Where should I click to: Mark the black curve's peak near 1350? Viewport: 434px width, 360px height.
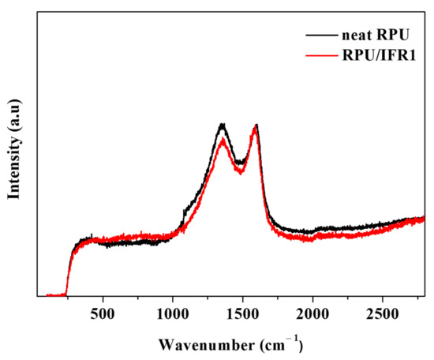[x=223, y=125]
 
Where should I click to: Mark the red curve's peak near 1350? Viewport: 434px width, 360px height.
[x=223, y=141]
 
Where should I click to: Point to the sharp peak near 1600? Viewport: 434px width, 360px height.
[x=256, y=126]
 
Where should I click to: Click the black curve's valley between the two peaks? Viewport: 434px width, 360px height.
[x=240, y=163]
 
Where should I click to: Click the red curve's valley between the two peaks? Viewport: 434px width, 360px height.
[x=241, y=172]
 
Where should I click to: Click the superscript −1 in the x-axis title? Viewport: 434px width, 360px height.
[x=295, y=339]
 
